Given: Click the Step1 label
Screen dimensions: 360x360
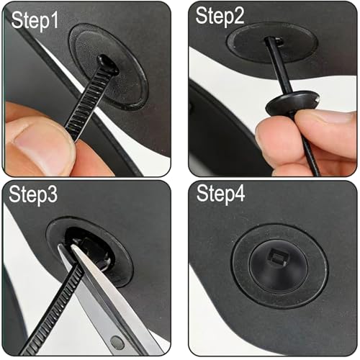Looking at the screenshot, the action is [35, 21].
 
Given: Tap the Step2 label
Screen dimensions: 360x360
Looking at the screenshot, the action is [220, 16].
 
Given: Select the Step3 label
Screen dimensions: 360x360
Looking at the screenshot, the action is [33, 194].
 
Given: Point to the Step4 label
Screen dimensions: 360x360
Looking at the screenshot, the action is [221, 194].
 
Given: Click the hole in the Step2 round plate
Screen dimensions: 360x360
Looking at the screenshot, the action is [274, 41].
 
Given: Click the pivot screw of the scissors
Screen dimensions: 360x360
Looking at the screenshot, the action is [117, 342].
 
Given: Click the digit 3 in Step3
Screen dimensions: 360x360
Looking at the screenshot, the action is [52, 194].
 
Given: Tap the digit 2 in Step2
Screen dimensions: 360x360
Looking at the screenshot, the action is [238, 15].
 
